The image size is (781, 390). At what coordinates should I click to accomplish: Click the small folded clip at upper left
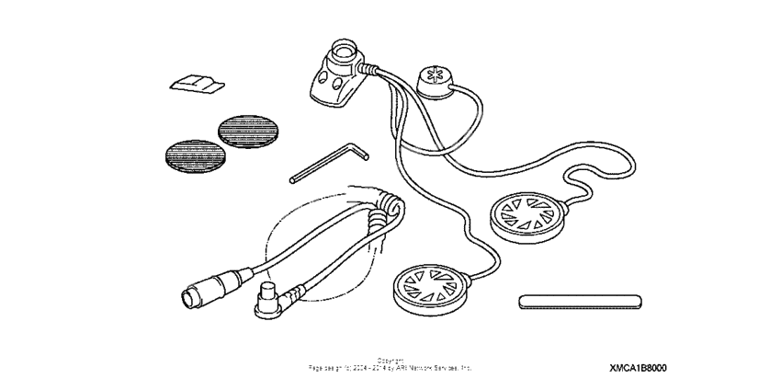point(196,85)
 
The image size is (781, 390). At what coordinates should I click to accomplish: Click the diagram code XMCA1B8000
point(638,368)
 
